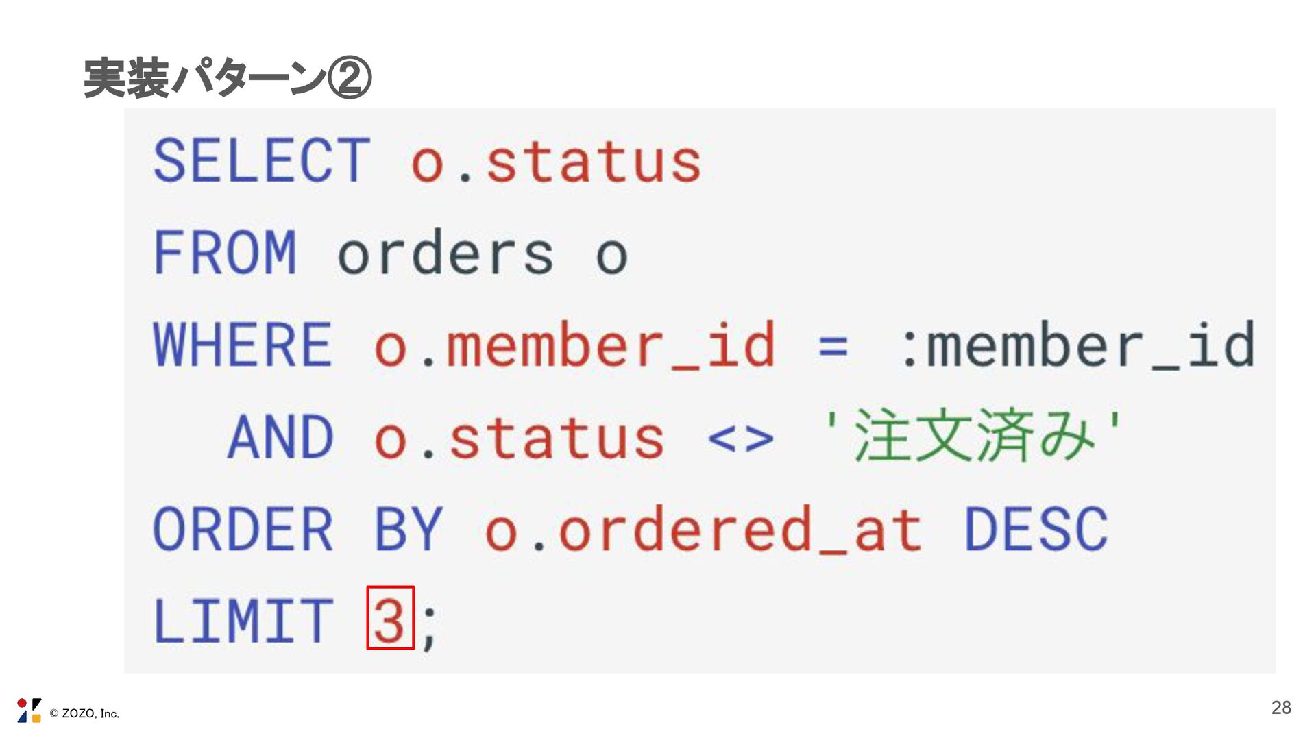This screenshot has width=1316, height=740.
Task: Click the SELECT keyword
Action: point(262,161)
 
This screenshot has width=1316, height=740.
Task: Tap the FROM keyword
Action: point(225,253)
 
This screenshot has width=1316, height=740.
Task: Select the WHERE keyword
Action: point(243,345)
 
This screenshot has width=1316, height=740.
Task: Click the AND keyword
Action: point(280,437)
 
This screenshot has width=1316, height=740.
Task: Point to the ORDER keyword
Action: point(243,529)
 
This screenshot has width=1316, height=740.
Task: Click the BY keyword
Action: point(409,529)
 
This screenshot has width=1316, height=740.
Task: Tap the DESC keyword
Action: point(1036,529)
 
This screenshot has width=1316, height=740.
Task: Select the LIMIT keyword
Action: point(243,621)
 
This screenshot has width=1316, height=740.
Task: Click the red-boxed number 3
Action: point(390,619)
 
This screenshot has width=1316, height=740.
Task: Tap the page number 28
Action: point(1280,708)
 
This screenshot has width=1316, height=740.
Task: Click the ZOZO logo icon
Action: point(29,711)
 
